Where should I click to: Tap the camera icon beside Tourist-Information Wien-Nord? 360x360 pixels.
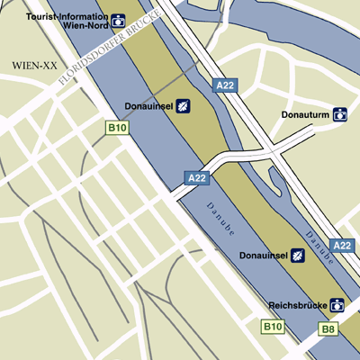118,19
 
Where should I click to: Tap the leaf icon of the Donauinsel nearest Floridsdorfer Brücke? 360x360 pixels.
183,105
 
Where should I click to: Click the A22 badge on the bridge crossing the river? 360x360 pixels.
197,177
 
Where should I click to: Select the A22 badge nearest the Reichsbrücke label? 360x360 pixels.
342,245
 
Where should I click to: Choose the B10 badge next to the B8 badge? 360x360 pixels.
273,328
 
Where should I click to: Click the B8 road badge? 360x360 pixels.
329,330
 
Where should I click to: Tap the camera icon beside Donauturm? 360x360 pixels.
340,114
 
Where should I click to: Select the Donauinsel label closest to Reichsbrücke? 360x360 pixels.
262,256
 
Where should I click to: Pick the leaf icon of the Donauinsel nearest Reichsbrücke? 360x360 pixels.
298,256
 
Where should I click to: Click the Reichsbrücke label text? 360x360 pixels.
297,305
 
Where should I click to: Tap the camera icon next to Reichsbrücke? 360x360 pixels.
337,305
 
